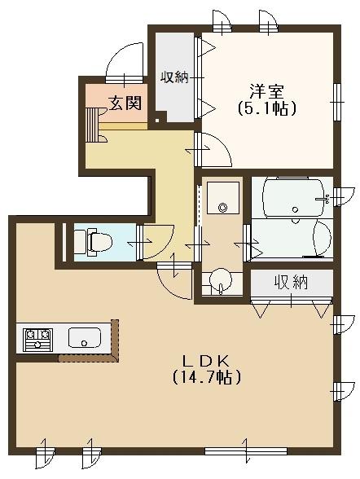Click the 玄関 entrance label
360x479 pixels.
(x=125, y=103)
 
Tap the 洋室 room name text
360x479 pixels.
(x=266, y=91)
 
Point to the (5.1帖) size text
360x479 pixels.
(x=266, y=108)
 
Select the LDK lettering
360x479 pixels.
(x=205, y=362)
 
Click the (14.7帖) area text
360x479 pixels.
(x=207, y=378)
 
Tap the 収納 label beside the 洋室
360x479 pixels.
(x=173, y=77)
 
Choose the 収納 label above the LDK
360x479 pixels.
(x=291, y=282)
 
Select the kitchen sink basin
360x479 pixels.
(x=85, y=337)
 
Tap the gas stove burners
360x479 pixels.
(x=38, y=339)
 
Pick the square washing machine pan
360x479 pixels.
(x=223, y=198)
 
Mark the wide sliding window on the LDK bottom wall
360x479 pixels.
(x=246, y=451)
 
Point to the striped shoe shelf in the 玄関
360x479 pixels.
(x=91, y=125)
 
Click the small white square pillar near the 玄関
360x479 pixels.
(x=157, y=120)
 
